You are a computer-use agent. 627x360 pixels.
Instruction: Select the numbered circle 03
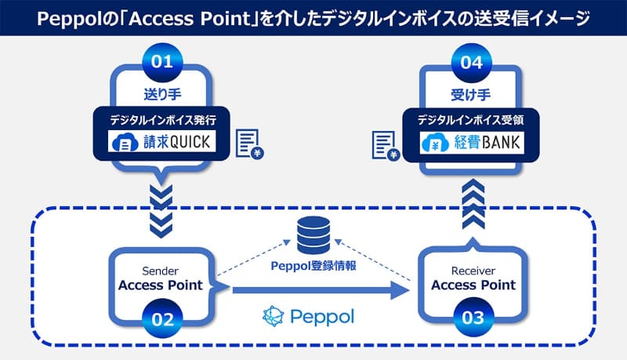[x=473, y=318]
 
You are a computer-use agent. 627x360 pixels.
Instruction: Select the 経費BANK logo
[x=473, y=143]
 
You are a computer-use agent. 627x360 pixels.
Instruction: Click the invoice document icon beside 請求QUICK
[x=250, y=144]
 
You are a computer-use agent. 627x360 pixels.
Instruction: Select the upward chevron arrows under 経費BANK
[x=473, y=203]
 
